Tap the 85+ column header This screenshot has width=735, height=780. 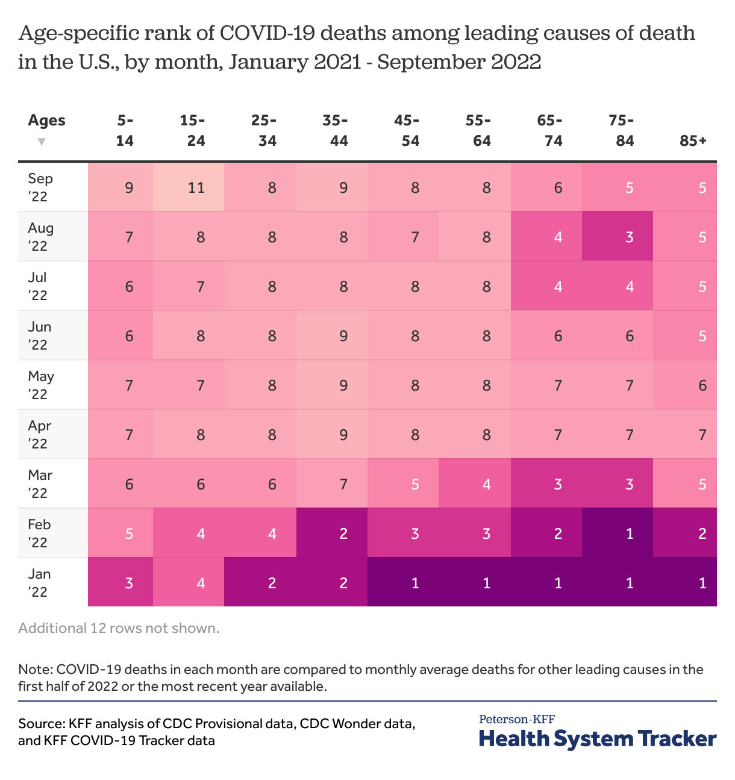(x=693, y=140)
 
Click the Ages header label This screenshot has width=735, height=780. (x=46, y=120)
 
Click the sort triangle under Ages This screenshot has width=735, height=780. (x=42, y=142)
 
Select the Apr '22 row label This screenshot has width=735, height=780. (x=40, y=434)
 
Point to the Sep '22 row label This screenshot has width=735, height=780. (x=40, y=187)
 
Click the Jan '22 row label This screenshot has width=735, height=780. (x=39, y=582)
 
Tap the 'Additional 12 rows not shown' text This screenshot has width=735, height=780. (x=119, y=628)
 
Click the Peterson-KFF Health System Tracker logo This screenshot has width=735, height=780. (x=597, y=732)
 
